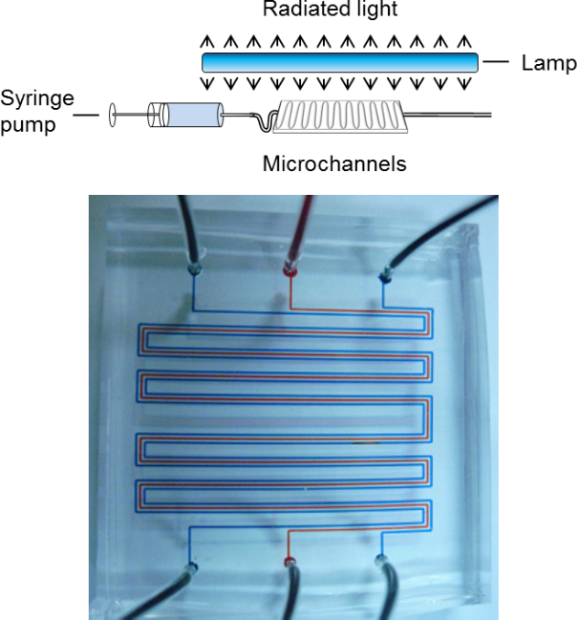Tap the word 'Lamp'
[548, 64]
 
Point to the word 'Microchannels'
[334, 164]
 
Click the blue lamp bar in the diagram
[339, 63]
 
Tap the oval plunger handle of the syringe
[113, 116]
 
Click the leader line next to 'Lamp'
[497, 63]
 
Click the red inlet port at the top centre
[290, 269]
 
